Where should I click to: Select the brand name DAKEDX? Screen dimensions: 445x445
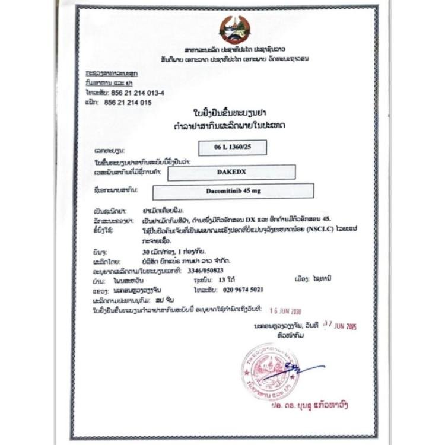point(232,173)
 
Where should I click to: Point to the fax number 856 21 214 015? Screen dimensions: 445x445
point(128,103)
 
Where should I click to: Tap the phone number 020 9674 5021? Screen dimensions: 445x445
point(240,290)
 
